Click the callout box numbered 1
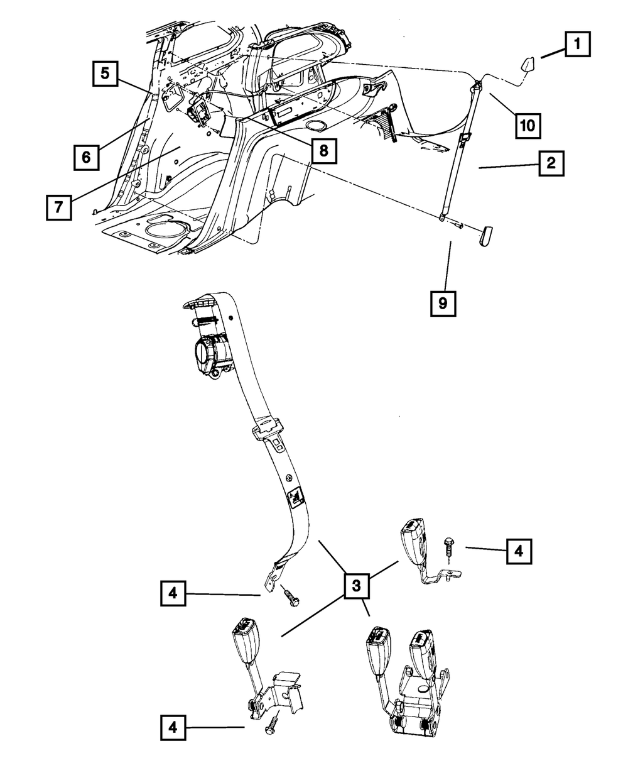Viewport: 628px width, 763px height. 578,44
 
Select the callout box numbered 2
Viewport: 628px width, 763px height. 551,163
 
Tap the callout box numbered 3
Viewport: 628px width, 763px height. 356,586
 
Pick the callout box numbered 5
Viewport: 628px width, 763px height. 105,74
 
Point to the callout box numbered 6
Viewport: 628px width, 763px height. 87,158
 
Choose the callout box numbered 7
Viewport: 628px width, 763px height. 59,207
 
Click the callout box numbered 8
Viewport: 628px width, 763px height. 324,151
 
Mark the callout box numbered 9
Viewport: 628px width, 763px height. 443,304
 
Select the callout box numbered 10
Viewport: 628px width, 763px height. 528,126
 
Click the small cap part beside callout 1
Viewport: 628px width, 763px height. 526,65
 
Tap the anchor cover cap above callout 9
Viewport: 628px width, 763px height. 485,237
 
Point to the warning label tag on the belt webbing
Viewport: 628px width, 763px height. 296,497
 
